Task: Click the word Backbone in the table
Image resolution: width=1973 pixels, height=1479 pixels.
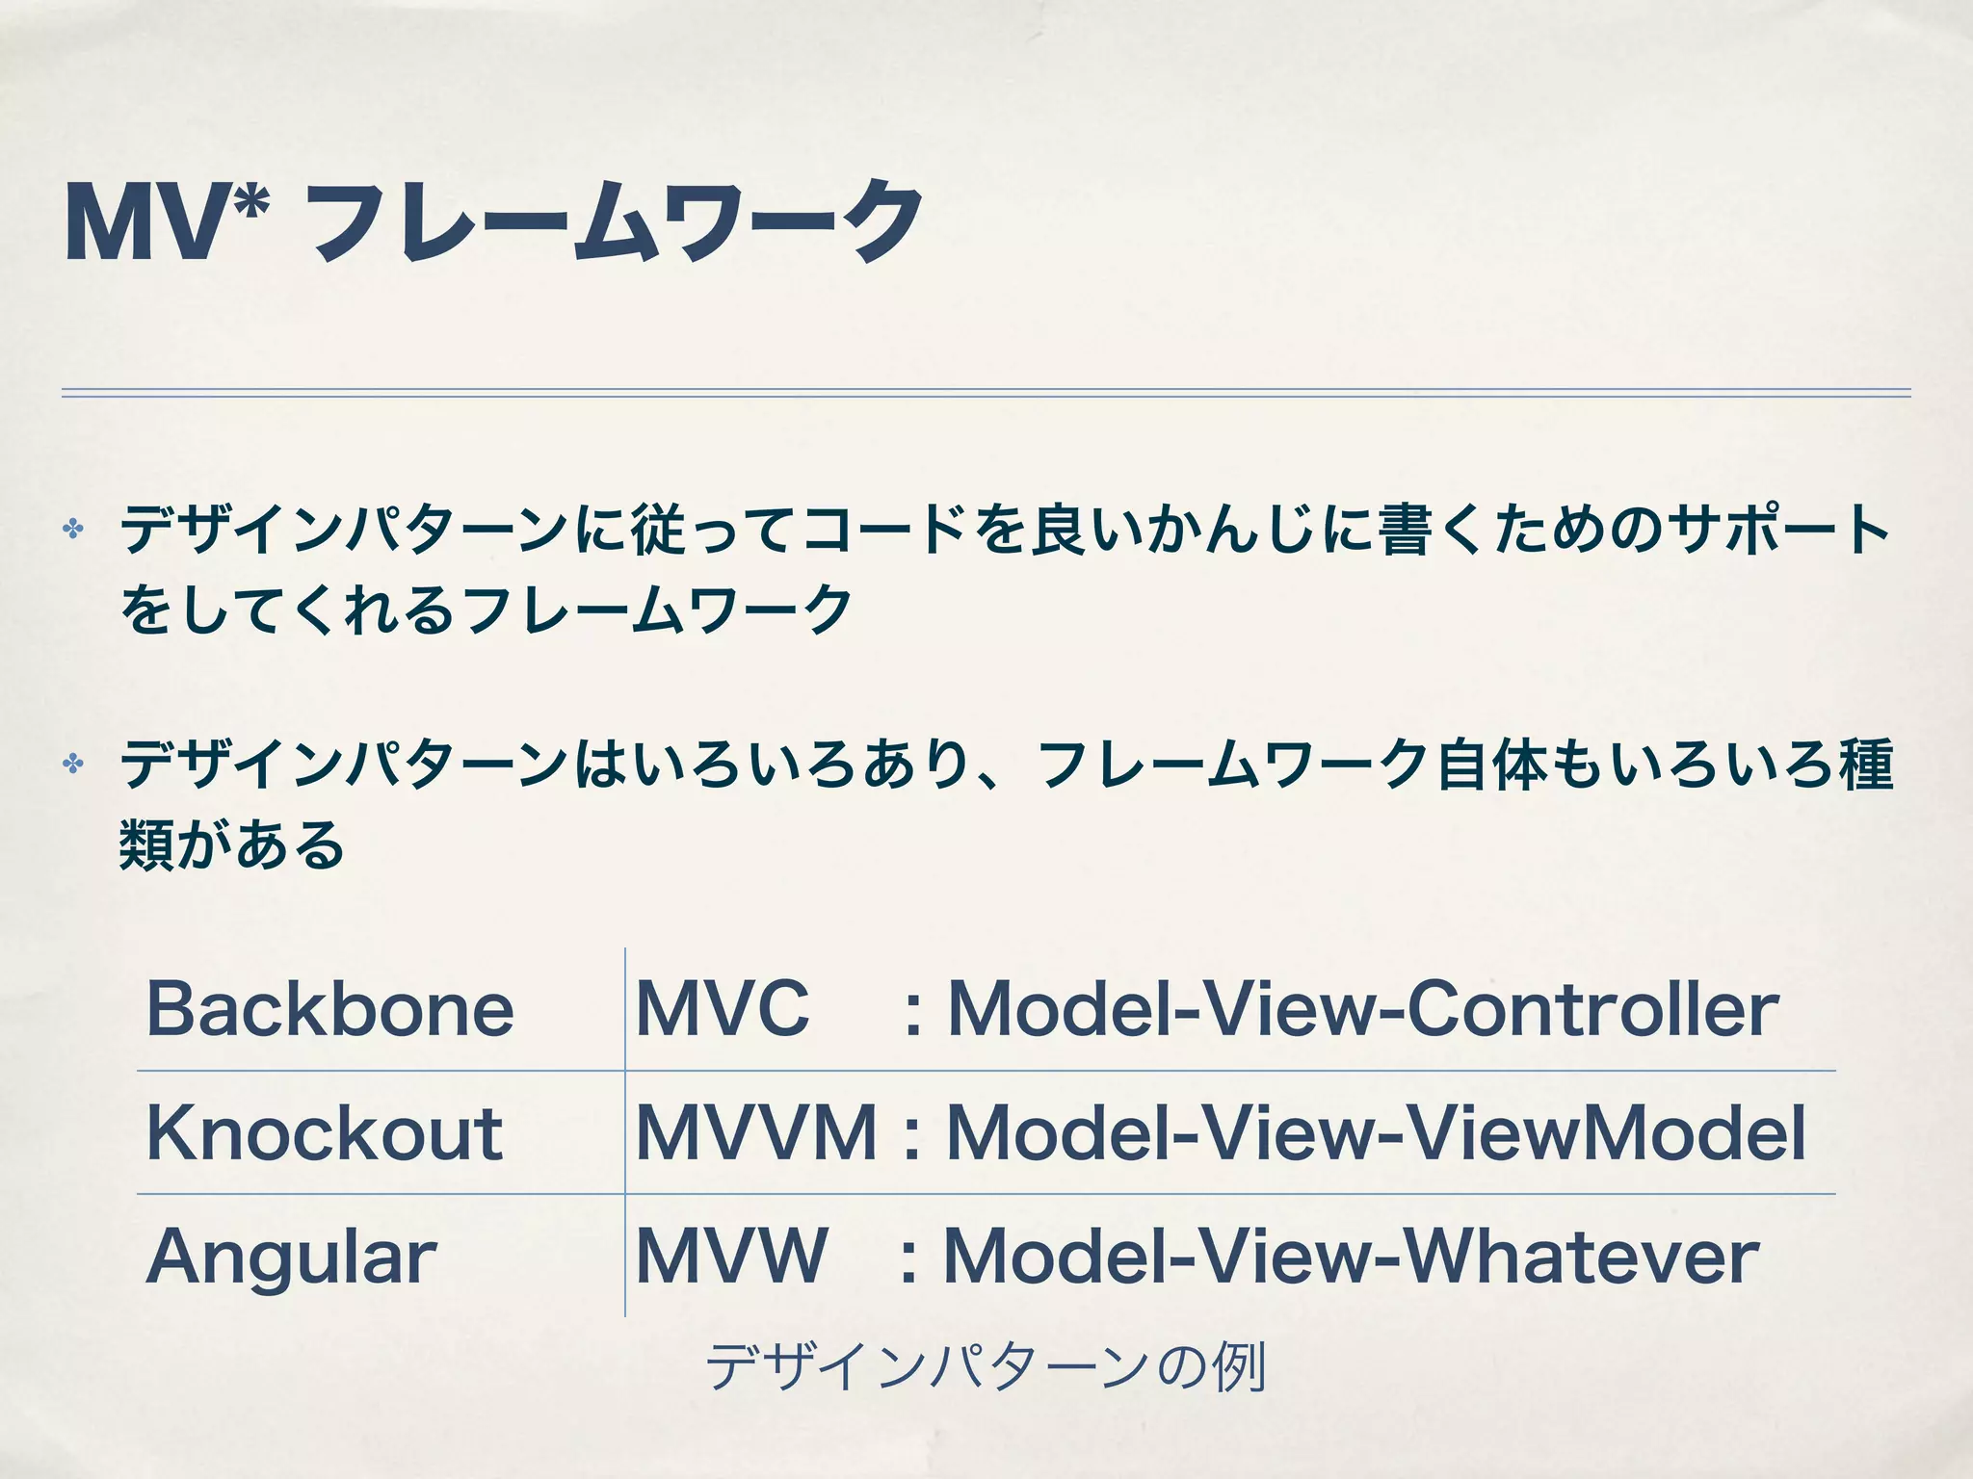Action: [x=329, y=1009]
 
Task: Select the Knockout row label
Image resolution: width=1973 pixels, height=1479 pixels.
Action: [x=325, y=1132]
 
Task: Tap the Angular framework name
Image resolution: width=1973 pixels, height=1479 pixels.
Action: [x=291, y=1258]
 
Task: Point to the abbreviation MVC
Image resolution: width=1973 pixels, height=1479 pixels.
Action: [x=723, y=1009]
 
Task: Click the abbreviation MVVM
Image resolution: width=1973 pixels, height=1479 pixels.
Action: [x=756, y=1132]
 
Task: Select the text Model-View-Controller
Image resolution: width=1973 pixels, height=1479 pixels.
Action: [x=1362, y=1009]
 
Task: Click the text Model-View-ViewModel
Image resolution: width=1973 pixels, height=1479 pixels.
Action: [x=1376, y=1132]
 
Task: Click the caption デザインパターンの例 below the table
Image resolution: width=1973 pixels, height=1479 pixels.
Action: [x=986, y=1367]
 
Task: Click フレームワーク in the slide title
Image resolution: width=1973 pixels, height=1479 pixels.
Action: [x=617, y=223]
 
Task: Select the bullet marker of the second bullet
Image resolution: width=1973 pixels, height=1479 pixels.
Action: [x=72, y=765]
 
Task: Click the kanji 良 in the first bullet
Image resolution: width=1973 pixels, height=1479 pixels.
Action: [x=1058, y=530]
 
